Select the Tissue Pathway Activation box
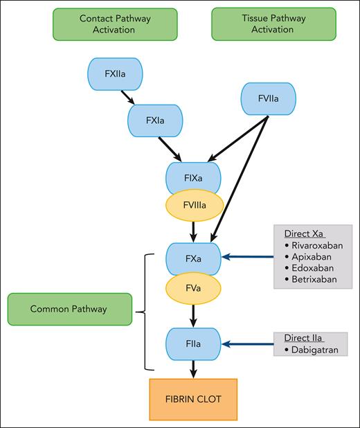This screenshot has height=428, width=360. pyautogui.click(x=273, y=24)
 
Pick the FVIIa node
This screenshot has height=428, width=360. pyautogui.click(x=267, y=99)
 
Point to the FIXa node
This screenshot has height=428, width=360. pyautogui.click(x=193, y=177)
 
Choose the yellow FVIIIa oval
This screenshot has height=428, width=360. pyautogui.click(x=193, y=205)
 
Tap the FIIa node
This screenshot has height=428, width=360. pyautogui.click(x=193, y=343)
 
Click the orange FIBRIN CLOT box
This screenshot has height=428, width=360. pyautogui.click(x=193, y=400)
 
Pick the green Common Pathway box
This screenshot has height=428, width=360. pyautogui.click(x=69, y=309)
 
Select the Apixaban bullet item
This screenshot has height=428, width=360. pyautogui.click(x=312, y=256)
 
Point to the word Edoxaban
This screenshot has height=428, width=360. pyautogui.click(x=313, y=268)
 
